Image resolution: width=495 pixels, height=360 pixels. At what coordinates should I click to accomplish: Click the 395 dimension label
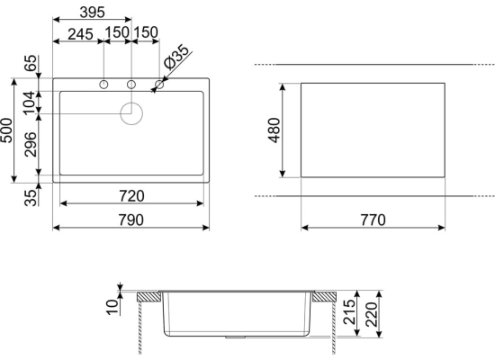(92, 13)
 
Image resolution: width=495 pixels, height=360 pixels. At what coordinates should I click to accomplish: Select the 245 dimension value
(80, 34)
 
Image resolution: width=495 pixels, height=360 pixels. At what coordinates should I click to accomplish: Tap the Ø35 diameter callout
(176, 57)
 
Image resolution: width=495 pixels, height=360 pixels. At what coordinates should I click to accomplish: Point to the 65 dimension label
(31, 63)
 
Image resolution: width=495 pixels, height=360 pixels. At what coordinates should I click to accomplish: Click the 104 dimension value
(29, 103)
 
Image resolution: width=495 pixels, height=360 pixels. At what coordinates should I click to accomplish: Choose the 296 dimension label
(31, 145)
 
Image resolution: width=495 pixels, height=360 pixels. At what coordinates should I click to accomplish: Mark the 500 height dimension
(6, 130)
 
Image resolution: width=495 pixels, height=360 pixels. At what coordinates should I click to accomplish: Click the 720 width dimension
(131, 196)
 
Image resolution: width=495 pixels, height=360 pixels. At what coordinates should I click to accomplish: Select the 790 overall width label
(131, 220)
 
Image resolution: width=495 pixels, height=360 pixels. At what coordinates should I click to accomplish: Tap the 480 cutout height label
(274, 130)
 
